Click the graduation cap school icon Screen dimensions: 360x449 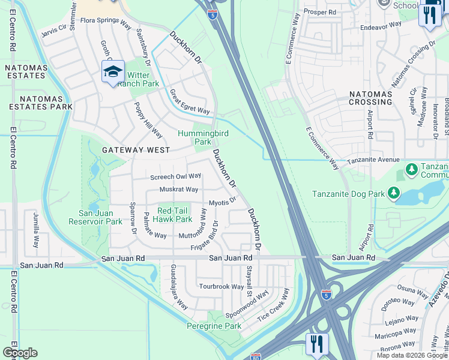pos(113,73)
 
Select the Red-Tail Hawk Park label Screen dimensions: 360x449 pos(175,215)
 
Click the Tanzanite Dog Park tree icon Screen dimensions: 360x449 pos(393,193)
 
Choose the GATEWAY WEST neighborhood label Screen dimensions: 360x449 pos(136,149)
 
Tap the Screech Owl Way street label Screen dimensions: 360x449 pos(175,176)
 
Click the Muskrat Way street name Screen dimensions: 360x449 pos(178,190)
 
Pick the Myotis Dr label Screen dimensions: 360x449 pos(221,203)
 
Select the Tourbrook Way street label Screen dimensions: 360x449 pos(221,287)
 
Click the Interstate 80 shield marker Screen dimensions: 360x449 pos(256,356)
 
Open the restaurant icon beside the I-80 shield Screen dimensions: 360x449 pos(316,344)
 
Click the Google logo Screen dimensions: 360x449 pos(20,353)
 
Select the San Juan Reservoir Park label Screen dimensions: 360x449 pos(101,217)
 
